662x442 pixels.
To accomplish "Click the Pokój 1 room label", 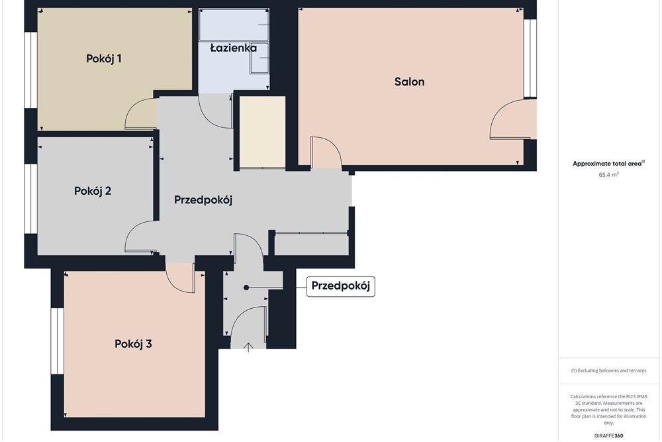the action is click(x=104, y=59).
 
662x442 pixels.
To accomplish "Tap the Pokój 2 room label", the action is click(x=93, y=191).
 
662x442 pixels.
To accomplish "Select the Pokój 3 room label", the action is click(x=133, y=344).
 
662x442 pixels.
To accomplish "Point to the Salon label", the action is click(x=409, y=82).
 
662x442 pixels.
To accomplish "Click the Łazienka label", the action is click(x=234, y=48).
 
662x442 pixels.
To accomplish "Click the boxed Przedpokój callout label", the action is click(x=340, y=286).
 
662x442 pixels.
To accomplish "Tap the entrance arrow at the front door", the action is click(x=249, y=347).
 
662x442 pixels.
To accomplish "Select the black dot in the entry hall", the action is click(x=246, y=288).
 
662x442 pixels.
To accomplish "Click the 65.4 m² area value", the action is click(x=608, y=174).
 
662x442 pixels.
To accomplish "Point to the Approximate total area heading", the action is click(x=608, y=164).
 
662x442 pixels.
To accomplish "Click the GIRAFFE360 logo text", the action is click(x=608, y=435).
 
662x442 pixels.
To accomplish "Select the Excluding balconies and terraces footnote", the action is click(x=608, y=370).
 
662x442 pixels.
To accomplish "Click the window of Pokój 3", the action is click(x=57, y=341).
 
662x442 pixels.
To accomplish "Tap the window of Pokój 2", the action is click(x=31, y=198).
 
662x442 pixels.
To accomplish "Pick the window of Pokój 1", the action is click(x=31, y=70).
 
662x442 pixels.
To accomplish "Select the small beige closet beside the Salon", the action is click(x=263, y=133).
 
